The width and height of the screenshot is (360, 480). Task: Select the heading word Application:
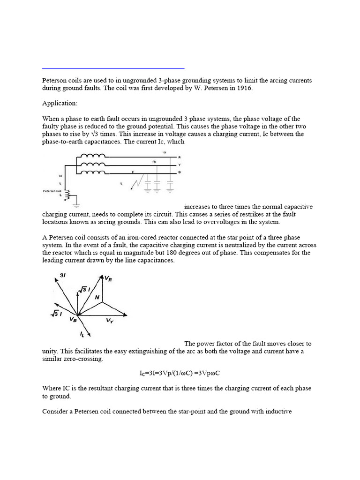click(60, 103)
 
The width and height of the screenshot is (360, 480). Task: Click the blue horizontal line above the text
click(113, 68)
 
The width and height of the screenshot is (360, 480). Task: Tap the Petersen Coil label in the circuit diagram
click(52, 191)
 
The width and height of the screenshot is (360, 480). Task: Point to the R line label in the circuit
click(180, 157)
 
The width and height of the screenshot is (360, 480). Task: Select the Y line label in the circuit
click(180, 165)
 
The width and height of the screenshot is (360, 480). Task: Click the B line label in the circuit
click(180, 172)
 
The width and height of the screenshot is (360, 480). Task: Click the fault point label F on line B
click(133, 172)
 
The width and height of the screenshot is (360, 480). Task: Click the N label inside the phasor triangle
click(97, 297)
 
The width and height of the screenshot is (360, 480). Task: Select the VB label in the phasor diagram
click(73, 319)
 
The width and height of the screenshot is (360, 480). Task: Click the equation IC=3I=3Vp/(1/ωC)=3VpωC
click(180, 374)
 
